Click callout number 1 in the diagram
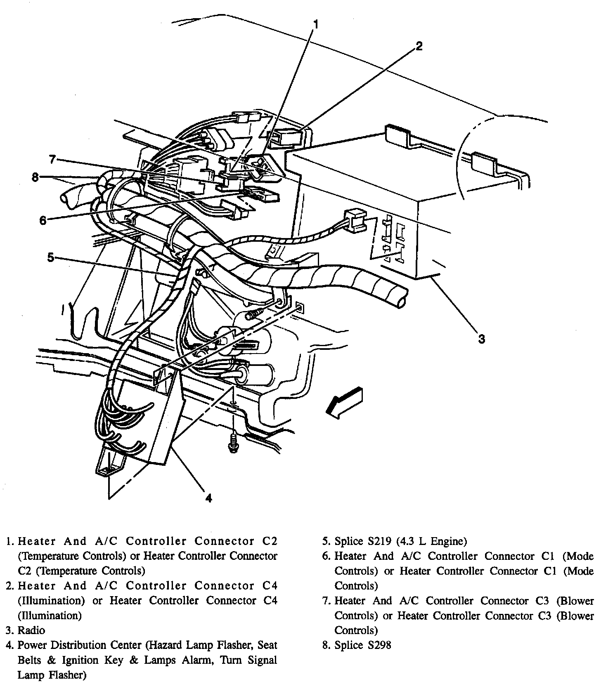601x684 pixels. [315, 25]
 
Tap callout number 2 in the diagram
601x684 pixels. [419, 46]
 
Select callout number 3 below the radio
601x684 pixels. [481, 339]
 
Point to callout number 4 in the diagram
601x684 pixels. [209, 498]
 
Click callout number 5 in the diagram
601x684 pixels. [51, 258]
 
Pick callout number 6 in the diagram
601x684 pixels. [43, 220]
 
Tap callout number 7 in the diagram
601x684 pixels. [52, 159]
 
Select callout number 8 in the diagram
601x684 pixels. [35, 177]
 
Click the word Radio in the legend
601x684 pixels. [31, 630]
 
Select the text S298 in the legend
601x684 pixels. [379, 645]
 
